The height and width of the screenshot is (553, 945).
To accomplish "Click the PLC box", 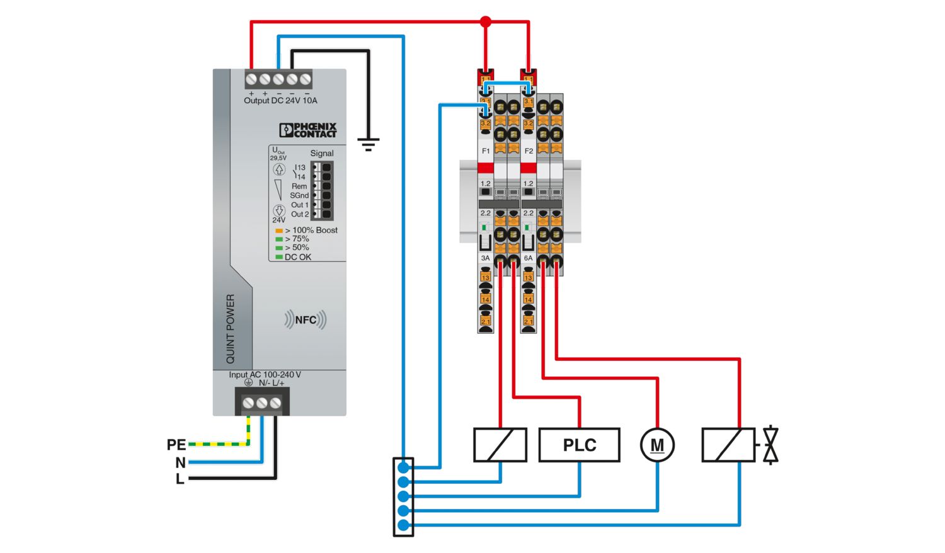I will (x=579, y=445).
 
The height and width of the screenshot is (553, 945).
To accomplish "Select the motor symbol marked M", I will (x=657, y=445).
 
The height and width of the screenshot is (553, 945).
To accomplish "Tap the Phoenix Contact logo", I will (x=308, y=130).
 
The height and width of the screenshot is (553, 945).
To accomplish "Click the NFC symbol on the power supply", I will (x=306, y=320).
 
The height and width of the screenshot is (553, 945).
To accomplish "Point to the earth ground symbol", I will (x=368, y=145).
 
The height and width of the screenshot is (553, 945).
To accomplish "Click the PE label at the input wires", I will (x=176, y=445).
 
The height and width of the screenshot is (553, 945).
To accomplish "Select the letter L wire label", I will (x=180, y=479).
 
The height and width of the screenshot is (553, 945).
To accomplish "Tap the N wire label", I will (x=180, y=463).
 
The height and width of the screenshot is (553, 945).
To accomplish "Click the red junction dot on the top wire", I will (x=485, y=22).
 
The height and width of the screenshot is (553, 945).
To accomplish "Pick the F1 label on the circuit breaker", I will (x=486, y=151).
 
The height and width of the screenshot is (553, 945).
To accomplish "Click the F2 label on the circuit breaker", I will (x=529, y=151).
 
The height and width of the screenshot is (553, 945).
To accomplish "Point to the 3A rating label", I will (x=485, y=258).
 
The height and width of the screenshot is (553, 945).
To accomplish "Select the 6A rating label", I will (x=528, y=258).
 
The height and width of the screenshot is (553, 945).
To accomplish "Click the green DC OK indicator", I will (x=279, y=257).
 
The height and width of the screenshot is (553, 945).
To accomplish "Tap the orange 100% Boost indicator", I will (x=279, y=231).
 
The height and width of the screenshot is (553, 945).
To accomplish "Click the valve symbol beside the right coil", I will (x=770, y=445).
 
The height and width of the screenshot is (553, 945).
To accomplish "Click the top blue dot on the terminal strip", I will (x=403, y=468).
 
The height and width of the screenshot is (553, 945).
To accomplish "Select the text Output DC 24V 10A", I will (x=280, y=101).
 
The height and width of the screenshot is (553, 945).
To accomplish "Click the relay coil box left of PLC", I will (x=500, y=445).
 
